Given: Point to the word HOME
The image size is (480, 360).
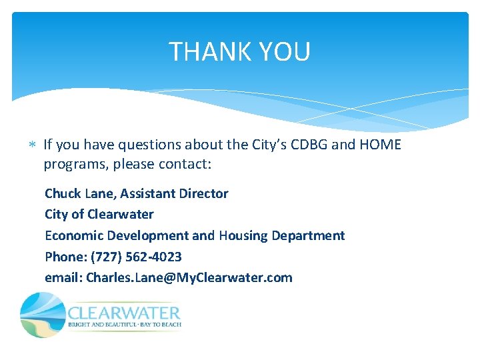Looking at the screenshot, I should pyautogui.click(x=379, y=145).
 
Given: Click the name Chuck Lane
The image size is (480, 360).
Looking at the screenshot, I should pyautogui.click(x=80, y=193).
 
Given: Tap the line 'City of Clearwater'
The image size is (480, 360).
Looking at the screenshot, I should pyautogui.click(x=99, y=214).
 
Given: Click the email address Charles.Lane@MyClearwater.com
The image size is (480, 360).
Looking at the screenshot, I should pyautogui.click(x=189, y=278).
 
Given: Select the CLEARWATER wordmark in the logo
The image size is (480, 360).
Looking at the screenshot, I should pyautogui.click(x=124, y=313).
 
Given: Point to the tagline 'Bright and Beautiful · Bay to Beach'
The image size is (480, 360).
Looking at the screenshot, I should pyautogui.click(x=124, y=325).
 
